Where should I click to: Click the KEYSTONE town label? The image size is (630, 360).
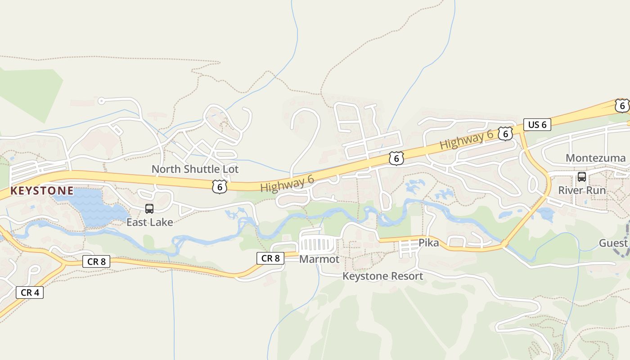tap(42, 191)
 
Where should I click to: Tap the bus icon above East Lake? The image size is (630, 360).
tap(149, 209)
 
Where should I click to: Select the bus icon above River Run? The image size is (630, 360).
tap(582, 176)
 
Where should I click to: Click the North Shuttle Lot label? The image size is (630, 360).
tap(195, 169)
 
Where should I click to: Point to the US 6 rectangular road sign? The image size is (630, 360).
tap(537, 125)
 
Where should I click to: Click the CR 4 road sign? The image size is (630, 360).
tap(30, 292)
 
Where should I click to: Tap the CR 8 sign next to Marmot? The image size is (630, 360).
tap(270, 258)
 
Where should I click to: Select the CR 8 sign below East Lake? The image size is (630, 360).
tap(96, 261)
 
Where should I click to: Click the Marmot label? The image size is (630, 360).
tap(319, 259)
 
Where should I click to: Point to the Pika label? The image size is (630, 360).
tap(428, 243)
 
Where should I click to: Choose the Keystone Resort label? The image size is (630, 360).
tap(382, 276)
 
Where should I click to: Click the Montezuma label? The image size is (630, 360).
tap(595, 158)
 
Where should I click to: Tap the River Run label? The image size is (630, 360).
tap(582, 190)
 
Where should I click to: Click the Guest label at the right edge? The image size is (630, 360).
tap(613, 243)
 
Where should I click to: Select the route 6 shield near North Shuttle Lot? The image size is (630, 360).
tap(219, 186)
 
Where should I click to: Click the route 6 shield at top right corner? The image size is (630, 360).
tap(622, 106)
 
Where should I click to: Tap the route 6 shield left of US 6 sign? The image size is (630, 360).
tap(505, 133)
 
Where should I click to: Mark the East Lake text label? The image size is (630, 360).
tap(149, 222)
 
